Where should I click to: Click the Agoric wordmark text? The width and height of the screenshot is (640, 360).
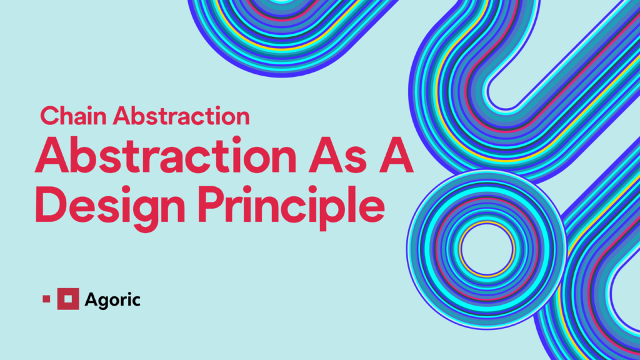[112, 299]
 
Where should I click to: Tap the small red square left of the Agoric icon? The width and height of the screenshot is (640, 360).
[46, 299]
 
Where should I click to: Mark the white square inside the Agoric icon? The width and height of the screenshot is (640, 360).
[68, 299]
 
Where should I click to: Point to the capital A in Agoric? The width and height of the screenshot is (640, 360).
[90, 299]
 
